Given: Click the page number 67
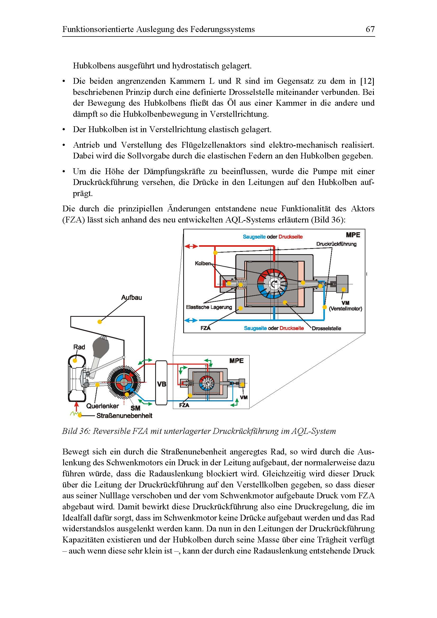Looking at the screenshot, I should click(370, 29).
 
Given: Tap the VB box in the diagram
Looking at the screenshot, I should click(162, 384).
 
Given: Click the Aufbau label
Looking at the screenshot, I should click(131, 298).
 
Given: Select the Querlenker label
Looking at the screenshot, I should click(102, 406).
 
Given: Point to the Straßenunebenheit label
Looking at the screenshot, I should click(124, 416).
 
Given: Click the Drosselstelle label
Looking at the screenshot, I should click(326, 328).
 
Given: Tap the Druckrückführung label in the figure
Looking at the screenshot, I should click(336, 244).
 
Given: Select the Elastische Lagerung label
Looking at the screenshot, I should click(209, 307).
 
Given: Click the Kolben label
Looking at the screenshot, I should click(203, 263).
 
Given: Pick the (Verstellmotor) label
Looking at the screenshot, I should click(346, 309).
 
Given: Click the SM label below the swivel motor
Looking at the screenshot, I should click(135, 408).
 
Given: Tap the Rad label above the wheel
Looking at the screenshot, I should click(79, 347).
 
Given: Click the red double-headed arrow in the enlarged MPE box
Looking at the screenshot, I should click(191, 246).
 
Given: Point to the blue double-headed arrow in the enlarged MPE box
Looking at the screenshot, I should click(191, 320).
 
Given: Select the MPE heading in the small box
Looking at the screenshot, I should click(236, 361).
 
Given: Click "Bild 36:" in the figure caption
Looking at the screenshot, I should click(76, 431).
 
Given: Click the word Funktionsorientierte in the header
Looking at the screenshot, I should click(98, 29).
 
